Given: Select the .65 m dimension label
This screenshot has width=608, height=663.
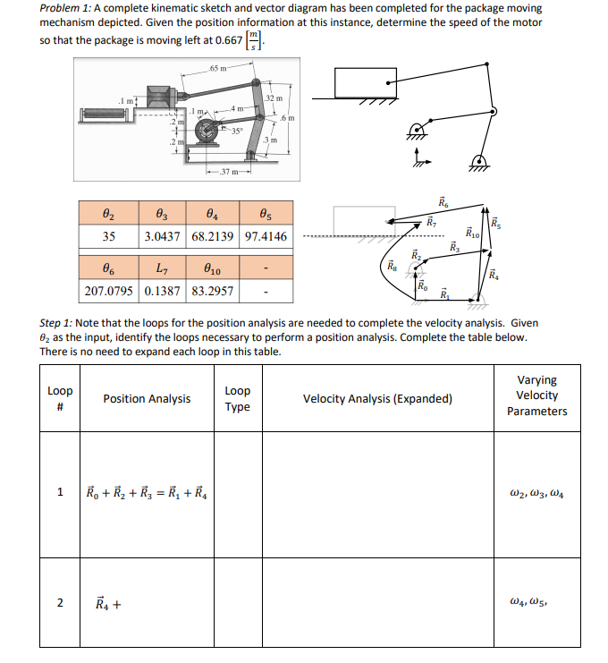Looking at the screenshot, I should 218,70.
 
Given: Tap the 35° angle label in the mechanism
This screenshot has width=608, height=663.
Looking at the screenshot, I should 236,131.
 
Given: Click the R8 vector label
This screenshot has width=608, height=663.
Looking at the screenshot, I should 389,266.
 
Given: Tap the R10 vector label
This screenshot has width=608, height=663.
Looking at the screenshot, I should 469,234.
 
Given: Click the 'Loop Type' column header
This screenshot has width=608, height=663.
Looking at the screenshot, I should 238,399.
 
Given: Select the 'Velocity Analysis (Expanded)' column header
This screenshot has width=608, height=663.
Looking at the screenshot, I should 376,399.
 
